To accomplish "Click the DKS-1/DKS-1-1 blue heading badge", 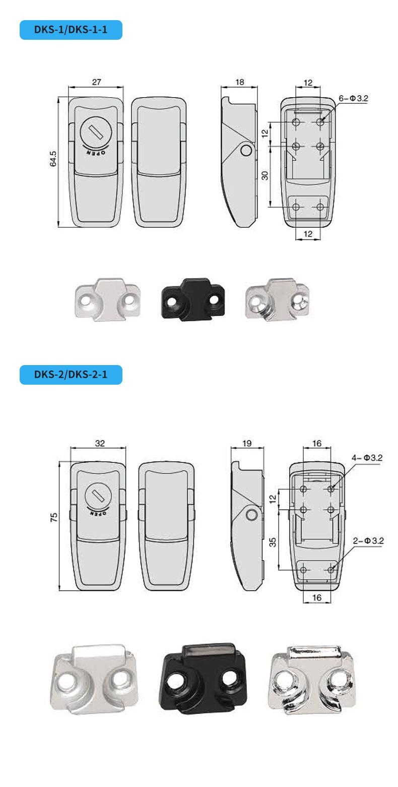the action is click(71, 30).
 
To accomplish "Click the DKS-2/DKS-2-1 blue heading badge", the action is click(71, 375).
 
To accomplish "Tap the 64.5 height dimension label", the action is click(53, 159).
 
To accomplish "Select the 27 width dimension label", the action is click(96, 82).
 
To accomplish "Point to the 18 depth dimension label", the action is click(239, 82).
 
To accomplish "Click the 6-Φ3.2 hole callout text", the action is click(353, 98).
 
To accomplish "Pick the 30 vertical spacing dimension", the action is click(265, 175).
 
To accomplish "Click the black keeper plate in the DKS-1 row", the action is click(192, 300).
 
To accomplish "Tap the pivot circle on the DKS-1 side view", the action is click(246, 151).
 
